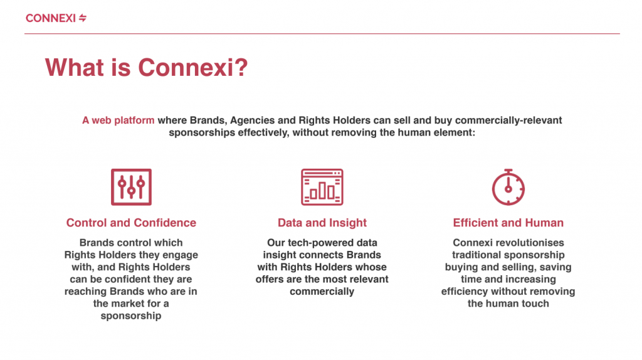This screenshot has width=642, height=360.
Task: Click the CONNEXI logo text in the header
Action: coord(51,18)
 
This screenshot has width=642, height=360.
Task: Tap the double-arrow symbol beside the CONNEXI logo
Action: coord(83,18)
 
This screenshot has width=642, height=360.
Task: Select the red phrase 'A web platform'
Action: coord(118,120)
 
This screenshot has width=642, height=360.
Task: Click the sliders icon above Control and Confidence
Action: coord(132,187)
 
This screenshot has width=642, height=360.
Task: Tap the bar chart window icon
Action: coord(322,187)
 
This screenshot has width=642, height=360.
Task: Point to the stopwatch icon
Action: coord(508,187)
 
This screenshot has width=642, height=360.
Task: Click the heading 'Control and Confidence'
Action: coord(131,223)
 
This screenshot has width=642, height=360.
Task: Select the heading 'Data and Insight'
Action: coord(322,223)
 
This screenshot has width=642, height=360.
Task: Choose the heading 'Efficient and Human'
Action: coord(508,223)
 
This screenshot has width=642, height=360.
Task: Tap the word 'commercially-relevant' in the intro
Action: coord(508,120)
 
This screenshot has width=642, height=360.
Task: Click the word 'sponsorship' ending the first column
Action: coord(131,315)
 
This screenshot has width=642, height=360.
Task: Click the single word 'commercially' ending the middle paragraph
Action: coord(322,292)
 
